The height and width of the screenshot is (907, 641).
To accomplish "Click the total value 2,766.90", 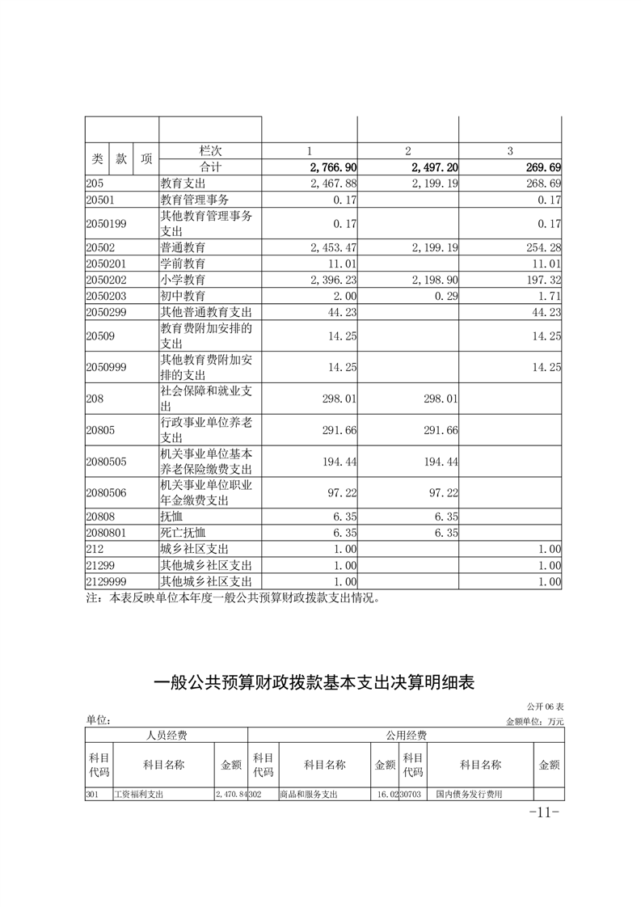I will [333, 167].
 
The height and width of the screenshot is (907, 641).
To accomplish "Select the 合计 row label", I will [209, 167].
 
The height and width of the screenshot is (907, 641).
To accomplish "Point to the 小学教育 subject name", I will [183, 279].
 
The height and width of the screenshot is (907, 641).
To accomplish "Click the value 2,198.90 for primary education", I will [435, 279].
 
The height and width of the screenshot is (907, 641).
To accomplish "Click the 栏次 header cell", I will [209, 151].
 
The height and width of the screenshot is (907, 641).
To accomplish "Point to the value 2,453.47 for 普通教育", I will [333, 247].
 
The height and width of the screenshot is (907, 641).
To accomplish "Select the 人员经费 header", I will [166, 735].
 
